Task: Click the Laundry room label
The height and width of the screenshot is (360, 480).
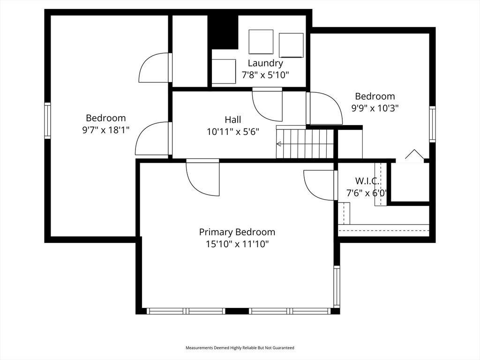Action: pos(265,63)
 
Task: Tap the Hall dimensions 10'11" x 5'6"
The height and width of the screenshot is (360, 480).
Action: pos(233,132)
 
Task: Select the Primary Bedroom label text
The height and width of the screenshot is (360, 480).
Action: pos(237,232)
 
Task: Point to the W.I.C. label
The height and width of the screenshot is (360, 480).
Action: pos(367,181)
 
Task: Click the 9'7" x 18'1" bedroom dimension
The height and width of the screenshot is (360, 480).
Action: pos(105,130)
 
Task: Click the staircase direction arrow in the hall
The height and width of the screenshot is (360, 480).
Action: pos(280,144)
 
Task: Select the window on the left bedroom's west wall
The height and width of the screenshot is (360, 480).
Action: pos(47,120)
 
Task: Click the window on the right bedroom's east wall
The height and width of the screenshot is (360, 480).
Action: pos(432,124)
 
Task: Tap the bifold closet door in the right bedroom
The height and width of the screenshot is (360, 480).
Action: pos(413,156)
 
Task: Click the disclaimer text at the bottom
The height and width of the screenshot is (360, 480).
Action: pos(240,348)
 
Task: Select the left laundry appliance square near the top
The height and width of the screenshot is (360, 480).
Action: pos(261,42)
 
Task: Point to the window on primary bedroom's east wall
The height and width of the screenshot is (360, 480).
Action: pos(337,286)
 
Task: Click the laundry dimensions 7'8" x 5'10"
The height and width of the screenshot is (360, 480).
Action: pos(265,74)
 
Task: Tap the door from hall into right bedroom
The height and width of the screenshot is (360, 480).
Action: pos(324,108)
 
